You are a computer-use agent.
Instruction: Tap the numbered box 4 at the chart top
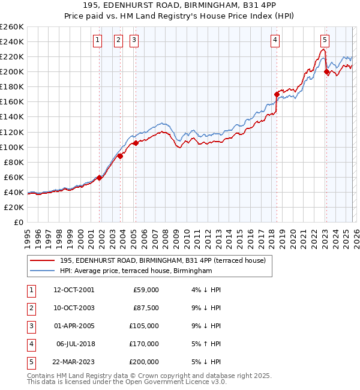click(x=275, y=40)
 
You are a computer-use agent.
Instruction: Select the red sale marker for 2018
click(x=277, y=94)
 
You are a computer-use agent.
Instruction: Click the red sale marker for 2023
click(x=326, y=71)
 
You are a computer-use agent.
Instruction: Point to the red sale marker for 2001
click(x=99, y=178)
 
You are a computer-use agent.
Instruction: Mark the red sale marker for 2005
click(x=136, y=143)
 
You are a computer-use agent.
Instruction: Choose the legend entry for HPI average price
click(x=136, y=271)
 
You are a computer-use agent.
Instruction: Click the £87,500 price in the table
click(x=146, y=308)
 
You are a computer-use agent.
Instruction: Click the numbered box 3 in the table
click(x=29, y=326)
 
